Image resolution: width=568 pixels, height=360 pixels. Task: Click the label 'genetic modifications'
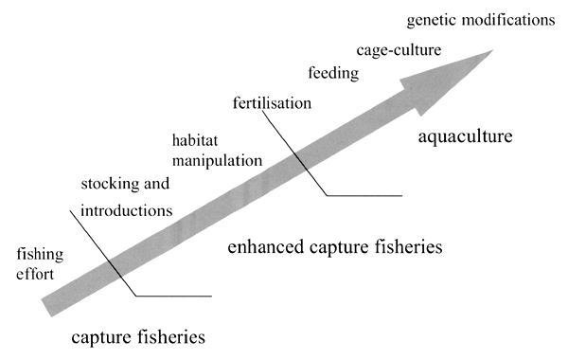[x=479, y=19]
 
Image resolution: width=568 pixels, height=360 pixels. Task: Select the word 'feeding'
[x=332, y=72]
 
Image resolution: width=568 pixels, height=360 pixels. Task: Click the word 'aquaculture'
[x=465, y=137]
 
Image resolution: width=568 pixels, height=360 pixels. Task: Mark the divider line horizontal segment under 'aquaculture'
[x=364, y=195]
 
